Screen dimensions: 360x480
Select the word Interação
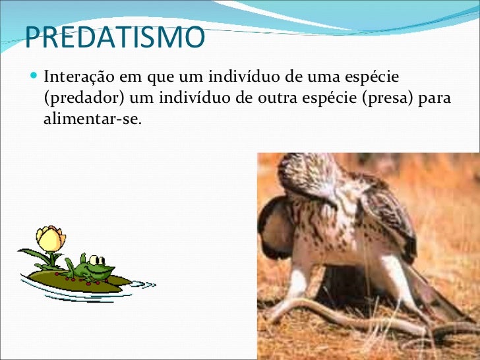pyautogui.click(x=80, y=78)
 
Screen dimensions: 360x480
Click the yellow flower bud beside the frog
pyautogui.click(x=50, y=238)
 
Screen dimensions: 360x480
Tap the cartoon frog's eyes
pyautogui.click(x=97, y=258)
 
